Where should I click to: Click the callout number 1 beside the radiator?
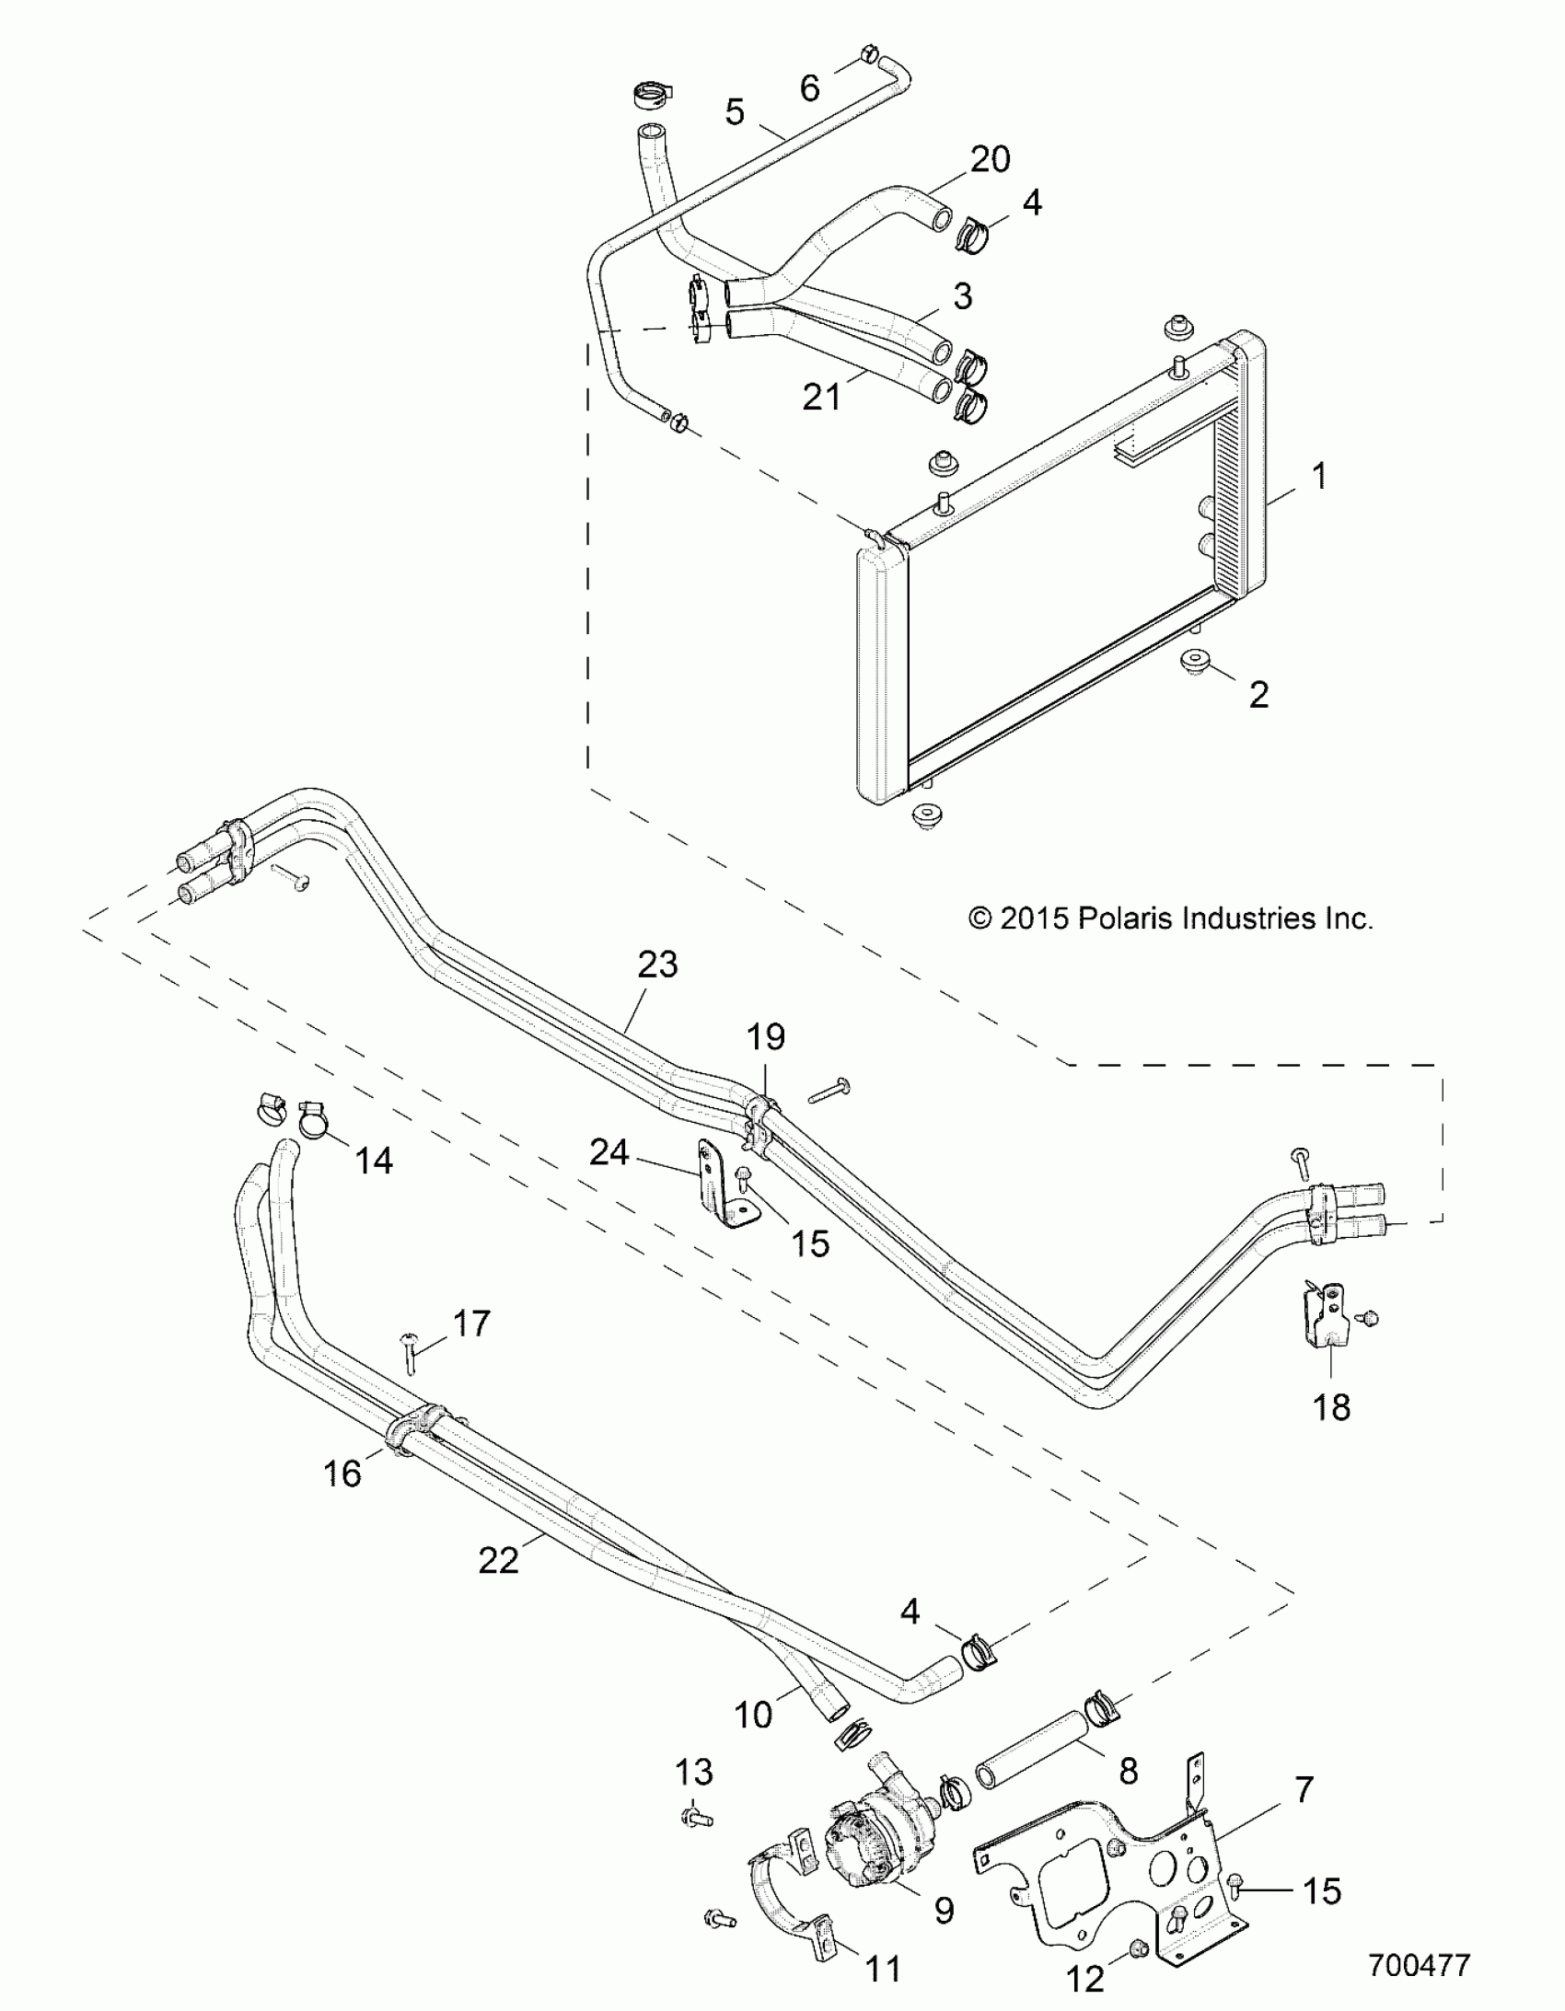1319,477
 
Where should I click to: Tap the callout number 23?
656,965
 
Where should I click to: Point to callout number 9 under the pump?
945,1911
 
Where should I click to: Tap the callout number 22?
498,1560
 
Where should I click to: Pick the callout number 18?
1331,1407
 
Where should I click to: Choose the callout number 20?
991,160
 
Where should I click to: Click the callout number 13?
693,1772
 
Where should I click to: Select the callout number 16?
342,1474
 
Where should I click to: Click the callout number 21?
822,397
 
